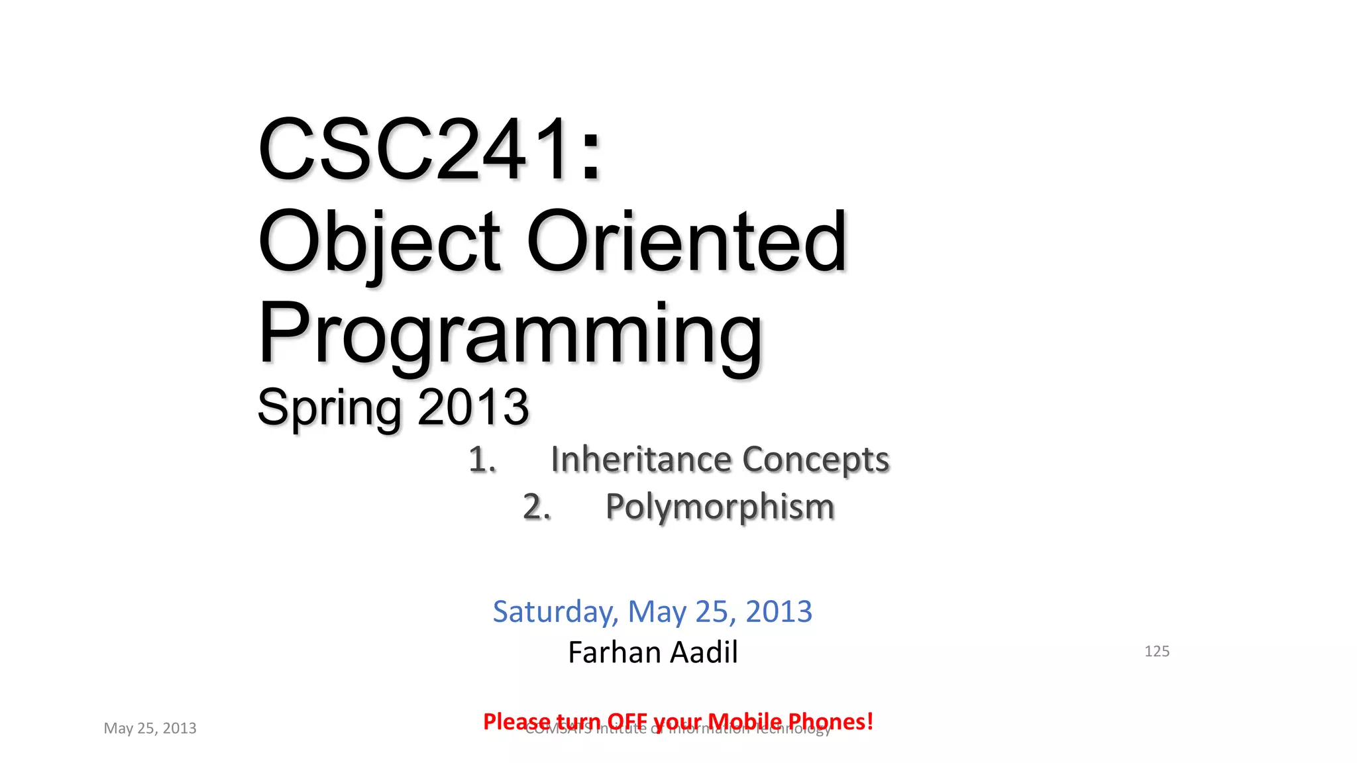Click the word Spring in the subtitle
click(x=329, y=407)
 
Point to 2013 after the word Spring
click(x=473, y=407)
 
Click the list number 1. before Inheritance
click(x=482, y=460)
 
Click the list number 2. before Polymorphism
click(x=537, y=507)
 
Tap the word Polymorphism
click(x=720, y=507)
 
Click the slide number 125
click(x=1157, y=651)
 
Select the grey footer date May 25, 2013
click(x=150, y=728)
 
